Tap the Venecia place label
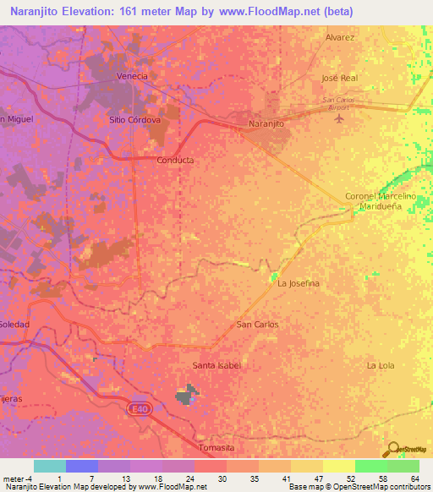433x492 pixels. pos(131,76)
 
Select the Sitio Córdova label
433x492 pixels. pos(134,120)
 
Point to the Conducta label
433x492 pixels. pos(176,160)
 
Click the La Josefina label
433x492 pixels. pos(299,284)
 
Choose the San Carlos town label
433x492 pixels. pos(256,324)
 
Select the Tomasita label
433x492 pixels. pos(213,446)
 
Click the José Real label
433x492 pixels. pos(341,78)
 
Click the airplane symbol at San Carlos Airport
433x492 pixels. pos(340,118)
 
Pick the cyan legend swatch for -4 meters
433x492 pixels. pos(49,466)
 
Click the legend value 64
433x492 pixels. pos(414,479)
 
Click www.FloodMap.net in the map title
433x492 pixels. pos(278,11)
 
